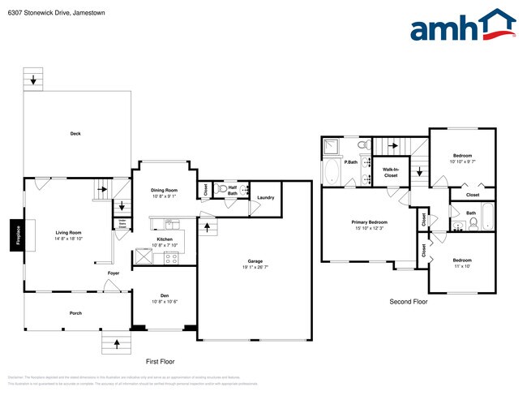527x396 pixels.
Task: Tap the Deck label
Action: [75, 133]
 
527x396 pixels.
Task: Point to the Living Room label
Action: [68, 235]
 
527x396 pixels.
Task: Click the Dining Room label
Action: [165, 193]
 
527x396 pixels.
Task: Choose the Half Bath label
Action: [232, 191]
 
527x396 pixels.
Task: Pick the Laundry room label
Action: [265, 198]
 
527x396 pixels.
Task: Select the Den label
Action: [165, 298]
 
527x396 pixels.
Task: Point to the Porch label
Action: [75, 313]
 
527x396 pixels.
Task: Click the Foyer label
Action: [114, 273]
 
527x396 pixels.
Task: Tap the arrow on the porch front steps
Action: [117, 343]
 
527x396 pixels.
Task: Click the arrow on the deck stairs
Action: [33, 80]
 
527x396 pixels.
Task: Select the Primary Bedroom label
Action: [369, 224]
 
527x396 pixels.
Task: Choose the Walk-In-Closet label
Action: [390, 172]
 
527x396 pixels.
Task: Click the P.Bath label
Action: [351, 162]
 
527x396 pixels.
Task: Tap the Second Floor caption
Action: [409, 302]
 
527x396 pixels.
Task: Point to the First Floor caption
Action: [160, 361]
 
